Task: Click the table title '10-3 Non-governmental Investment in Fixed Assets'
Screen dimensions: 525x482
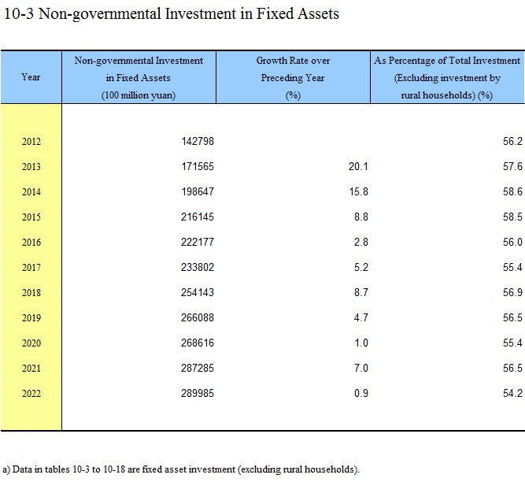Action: click(172, 14)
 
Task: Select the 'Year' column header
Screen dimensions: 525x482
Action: click(31, 77)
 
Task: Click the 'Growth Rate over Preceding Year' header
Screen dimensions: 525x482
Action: click(293, 69)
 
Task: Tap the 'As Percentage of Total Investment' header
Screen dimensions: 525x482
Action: click(447, 61)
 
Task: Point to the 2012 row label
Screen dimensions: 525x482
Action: click(31, 141)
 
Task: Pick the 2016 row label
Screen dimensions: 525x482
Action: click(31, 242)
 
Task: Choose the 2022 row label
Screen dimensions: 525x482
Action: click(31, 393)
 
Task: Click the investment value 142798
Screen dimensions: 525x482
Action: click(198, 141)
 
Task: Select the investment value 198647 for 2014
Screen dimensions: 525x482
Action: click(198, 191)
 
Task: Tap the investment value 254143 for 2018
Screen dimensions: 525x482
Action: click(198, 292)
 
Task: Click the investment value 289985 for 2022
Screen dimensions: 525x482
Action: click(198, 393)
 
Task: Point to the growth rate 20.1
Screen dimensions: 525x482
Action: click(358, 166)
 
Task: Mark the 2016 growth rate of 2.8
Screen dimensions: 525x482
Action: click(361, 242)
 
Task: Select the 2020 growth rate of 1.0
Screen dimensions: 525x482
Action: click(361, 343)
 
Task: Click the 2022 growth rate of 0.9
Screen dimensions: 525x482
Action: click(361, 393)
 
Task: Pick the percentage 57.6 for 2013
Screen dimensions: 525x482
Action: click(512, 166)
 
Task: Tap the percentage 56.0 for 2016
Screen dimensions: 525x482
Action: click(512, 242)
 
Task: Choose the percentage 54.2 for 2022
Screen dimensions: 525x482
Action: click(512, 393)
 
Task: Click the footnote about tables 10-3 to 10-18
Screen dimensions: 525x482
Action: click(181, 469)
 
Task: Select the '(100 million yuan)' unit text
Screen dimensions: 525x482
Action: click(139, 95)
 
